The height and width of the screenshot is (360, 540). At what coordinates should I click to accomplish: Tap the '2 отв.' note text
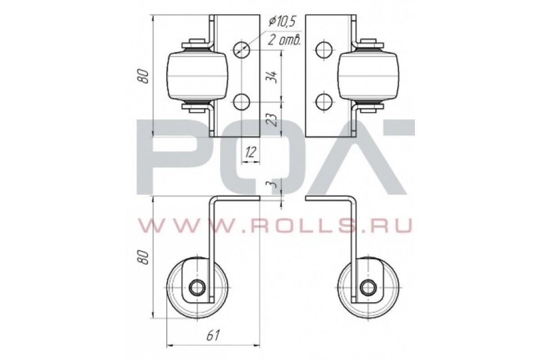pyautogui.click(x=284, y=40)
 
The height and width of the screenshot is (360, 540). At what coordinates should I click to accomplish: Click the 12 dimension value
pyautogui.click(x=251, y=152)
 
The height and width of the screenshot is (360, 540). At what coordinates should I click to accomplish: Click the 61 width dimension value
pyautogui.click(x=213, y=335)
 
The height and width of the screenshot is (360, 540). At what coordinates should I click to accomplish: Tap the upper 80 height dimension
pyautogui.click(x=144, y=76)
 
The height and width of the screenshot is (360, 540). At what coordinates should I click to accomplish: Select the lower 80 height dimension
pyautogui.click(x=144, y=257)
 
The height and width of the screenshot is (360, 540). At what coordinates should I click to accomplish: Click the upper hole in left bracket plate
pyautogui.click(x=241, y=49)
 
